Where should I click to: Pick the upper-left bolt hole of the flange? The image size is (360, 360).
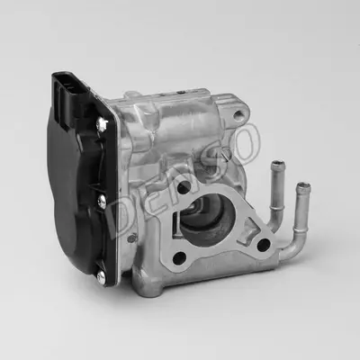pyautogui.click(x=184, y=187)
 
